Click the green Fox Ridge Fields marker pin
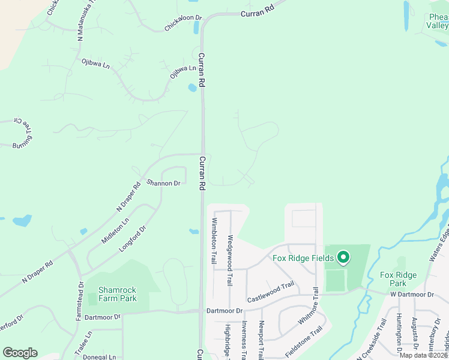(x=343, y=258)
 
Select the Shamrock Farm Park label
(x=117, y=294)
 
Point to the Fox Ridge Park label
(x=398, y=279)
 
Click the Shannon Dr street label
(x=164, y=183)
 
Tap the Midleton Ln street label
(x=115, y=230)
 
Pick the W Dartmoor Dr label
(x=411, y=294)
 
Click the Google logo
(x=20, y=353)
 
